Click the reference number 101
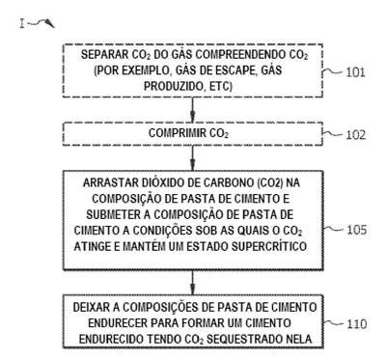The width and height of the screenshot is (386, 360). (355, 72)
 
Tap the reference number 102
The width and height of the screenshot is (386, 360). (356, 134)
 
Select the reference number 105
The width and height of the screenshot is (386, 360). (356, 230)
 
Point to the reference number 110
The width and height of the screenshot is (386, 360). (357, 323)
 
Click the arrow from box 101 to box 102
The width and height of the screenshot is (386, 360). (193, 109)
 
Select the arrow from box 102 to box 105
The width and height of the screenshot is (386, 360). (193, 158)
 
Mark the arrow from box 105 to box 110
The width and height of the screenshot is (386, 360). (193, 282)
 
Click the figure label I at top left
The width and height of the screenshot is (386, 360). (22, 23)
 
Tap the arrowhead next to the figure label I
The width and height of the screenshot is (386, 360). (50, 23)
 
